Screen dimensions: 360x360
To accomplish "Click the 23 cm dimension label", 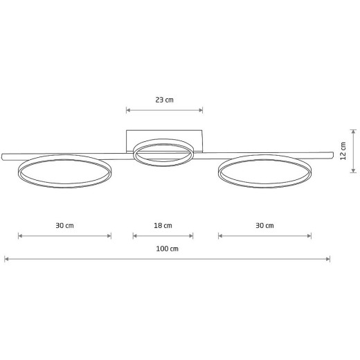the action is [x=164, y=100].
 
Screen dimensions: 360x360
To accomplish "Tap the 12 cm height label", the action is [x=343, y=151].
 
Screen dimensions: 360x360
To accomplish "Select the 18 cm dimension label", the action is [x=163, y=226].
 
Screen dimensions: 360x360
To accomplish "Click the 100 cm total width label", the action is [x=168, y=249].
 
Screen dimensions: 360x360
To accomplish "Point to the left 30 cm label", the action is [x=64, y=226].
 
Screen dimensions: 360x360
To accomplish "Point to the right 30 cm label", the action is [x=264, y=226].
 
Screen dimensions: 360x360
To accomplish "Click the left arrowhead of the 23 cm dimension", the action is [x=128, y=110].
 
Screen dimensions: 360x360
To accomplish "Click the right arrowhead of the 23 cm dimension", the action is [x=201, y=110].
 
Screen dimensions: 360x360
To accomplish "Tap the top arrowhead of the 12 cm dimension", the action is [x=353, y=132].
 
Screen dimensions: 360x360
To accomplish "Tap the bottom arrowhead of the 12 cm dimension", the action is [x=353, y=170].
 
